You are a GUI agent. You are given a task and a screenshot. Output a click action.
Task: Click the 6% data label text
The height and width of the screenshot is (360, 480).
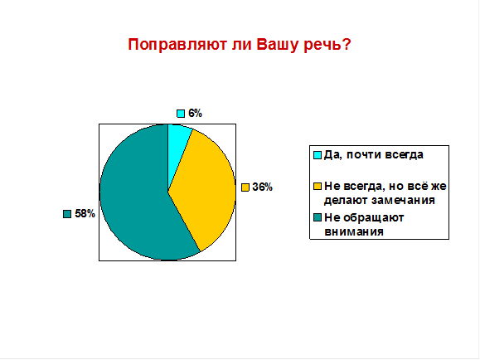195,114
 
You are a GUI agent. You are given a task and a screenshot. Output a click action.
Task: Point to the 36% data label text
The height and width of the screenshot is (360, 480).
262,187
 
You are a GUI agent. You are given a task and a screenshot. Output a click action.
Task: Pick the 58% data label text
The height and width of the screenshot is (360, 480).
85,213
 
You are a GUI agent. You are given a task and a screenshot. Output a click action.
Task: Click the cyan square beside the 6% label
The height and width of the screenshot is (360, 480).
181,114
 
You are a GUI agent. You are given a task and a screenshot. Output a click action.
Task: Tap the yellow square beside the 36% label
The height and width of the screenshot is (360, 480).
245,187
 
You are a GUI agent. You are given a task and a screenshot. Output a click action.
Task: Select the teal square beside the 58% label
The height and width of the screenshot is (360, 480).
67,214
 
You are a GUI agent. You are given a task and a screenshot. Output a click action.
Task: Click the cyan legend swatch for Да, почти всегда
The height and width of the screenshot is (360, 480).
318,155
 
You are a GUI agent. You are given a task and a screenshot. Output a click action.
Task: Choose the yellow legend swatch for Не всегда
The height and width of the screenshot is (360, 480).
318,187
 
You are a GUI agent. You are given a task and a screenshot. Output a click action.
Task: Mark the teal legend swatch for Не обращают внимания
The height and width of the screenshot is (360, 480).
318,217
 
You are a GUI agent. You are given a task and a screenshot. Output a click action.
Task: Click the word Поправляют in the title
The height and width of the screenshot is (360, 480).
177,45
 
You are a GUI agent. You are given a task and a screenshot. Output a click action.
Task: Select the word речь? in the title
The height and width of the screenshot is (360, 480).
327,45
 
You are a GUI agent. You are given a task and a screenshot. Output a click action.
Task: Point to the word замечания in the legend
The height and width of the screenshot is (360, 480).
403,201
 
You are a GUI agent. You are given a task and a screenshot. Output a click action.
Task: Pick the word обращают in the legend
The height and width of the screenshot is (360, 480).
374,218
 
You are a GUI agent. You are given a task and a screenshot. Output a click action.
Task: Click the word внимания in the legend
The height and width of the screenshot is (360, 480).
354,231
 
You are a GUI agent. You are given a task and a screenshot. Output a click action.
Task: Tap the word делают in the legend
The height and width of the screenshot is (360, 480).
346,201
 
